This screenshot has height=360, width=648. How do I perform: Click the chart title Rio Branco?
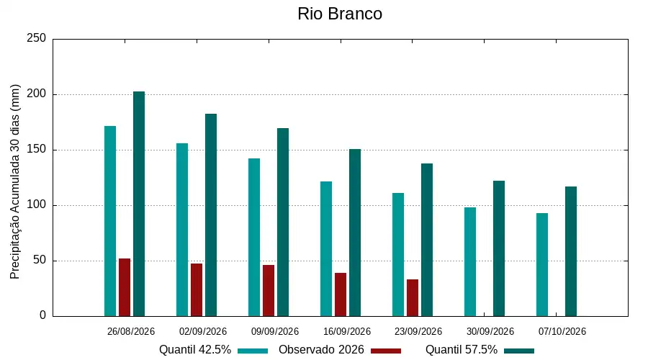[340, 14]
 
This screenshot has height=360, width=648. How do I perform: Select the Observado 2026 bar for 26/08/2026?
[125, 288]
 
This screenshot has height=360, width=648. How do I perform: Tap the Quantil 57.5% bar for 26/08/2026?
[139, 204]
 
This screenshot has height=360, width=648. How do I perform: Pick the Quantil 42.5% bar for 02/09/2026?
[182, 230]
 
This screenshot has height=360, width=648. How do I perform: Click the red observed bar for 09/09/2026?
[269, 291]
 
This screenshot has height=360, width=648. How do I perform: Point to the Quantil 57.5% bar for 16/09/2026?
[355, 233]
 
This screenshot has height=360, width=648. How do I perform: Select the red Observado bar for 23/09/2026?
[413, 298]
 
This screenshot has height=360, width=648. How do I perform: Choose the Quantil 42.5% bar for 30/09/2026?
[470, 262]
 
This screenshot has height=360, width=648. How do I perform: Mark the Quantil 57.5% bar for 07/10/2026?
[571, 252]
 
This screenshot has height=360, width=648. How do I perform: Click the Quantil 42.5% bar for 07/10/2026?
[542, 265]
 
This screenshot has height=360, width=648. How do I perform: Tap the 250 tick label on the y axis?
[37, 38]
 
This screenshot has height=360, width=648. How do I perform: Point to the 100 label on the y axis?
[37, 205]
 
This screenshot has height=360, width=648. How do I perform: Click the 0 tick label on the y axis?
[43, 315]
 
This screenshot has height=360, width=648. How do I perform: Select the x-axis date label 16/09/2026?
[347, 331]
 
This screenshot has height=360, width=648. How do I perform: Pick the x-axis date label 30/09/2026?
[490, 331]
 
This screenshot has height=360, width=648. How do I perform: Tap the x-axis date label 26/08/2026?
[130, 331]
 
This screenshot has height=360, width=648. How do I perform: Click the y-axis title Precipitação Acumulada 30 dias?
[15, 182]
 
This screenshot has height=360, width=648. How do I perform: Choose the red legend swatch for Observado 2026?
[386, 351]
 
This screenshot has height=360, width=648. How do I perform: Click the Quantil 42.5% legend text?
[194, 350]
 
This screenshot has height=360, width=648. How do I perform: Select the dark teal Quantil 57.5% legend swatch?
[519, 351]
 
